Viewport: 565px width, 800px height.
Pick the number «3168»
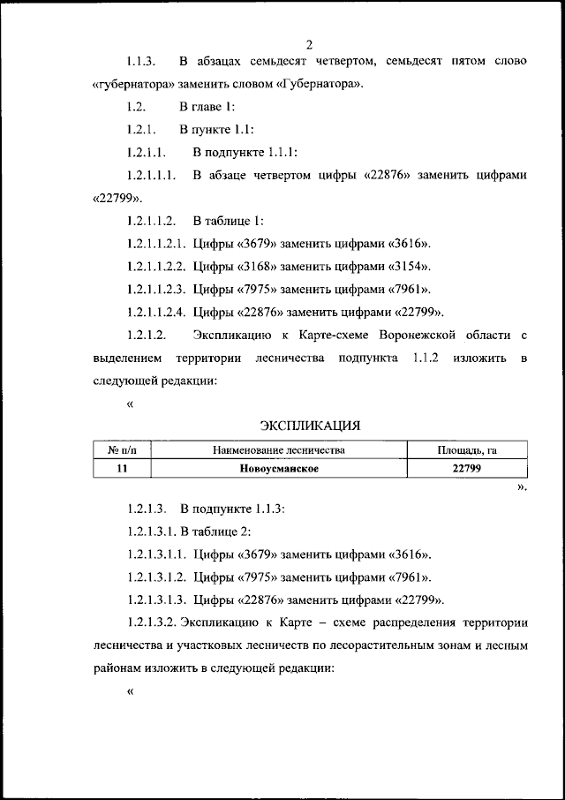(260, 266)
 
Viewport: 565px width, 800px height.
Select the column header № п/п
(122, 450)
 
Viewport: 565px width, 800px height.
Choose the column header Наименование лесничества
(278, 450)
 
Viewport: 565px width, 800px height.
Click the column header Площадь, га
(467, 450)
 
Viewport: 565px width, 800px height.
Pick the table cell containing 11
(122, 469)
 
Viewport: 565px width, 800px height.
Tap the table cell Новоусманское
(278, 469)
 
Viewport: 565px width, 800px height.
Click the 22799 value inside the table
(467, 469)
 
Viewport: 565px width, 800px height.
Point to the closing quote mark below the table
(522, 487)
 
